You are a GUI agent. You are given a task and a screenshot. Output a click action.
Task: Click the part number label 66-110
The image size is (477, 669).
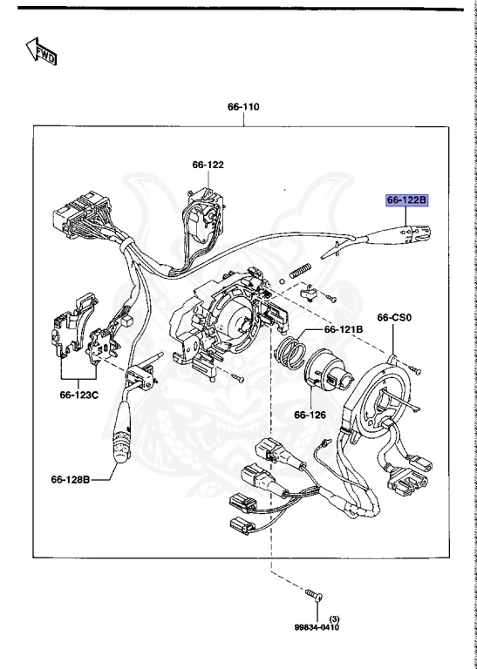pos(244,107)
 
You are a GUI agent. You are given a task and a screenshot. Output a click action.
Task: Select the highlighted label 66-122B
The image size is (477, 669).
pos(406,201)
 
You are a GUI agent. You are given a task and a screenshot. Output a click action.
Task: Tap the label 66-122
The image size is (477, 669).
pos(208,164)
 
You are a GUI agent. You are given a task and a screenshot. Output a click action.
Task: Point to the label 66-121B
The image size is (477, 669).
pos(344,329)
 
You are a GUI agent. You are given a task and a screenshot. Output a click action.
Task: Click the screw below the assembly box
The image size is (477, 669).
pos(314,595)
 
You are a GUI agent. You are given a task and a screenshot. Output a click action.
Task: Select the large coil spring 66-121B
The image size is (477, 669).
pos(289,356)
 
